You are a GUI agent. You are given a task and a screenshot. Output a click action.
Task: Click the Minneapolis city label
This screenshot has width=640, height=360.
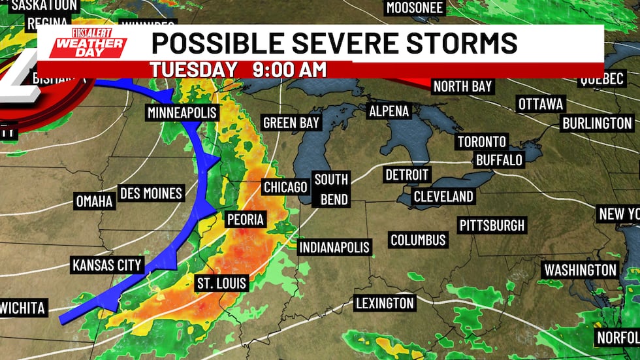[182, 113]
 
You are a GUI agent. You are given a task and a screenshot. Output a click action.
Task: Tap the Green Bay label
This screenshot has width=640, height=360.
[291, 122]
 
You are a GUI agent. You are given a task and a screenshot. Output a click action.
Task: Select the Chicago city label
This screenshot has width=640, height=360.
[285, 188]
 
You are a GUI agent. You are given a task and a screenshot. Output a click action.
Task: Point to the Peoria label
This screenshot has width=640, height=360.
[244, 219]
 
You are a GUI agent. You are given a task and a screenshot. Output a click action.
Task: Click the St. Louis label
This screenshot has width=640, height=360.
[221, 283]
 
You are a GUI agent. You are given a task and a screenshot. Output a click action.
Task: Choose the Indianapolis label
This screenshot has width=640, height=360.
[334, 248]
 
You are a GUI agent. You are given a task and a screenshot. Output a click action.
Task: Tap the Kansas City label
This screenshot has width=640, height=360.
[107, 265]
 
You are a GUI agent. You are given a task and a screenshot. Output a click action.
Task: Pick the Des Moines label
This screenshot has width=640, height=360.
[151, 193]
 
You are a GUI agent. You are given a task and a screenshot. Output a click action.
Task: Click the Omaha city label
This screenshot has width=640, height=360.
[94, 201]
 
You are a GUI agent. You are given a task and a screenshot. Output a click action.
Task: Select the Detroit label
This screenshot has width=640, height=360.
[407, 175]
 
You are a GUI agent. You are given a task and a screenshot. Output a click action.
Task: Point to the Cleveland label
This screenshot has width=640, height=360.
[443, 196]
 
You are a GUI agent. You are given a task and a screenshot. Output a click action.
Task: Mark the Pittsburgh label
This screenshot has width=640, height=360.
[492, 225]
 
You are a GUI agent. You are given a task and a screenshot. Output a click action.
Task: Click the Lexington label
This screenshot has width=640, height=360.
[385, 303]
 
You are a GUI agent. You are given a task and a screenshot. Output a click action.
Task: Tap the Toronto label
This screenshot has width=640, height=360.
[482, 141]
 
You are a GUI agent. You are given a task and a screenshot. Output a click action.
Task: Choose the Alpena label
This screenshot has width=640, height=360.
[389, 111]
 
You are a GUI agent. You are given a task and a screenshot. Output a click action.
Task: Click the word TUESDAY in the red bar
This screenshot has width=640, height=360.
[193, 69]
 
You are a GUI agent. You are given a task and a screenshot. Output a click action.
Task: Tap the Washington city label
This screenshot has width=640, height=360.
[580, 270]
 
